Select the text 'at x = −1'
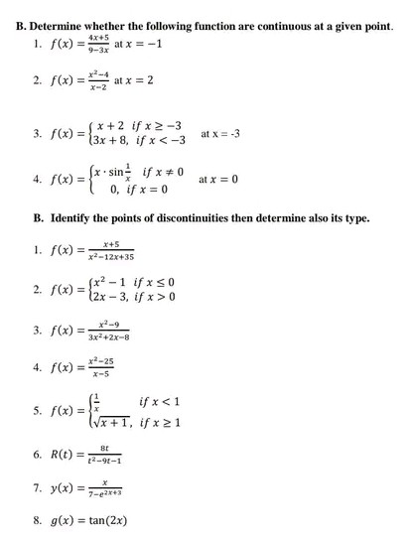(139, 45)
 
